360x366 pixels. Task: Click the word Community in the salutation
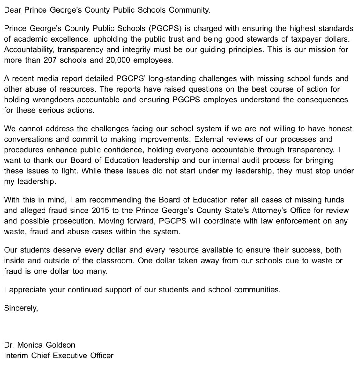[x=189, y=10]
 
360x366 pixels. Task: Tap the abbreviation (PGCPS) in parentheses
[x=165, y=29]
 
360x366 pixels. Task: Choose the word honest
[x=337, y=129]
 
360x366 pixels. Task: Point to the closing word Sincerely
[x=21, y=308]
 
